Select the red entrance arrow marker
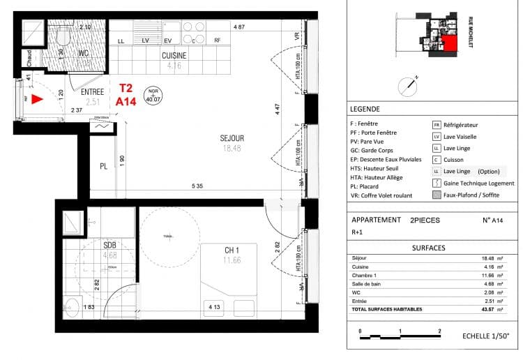click(37, 99)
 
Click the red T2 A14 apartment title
click(126, 95)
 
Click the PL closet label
click(103, 167)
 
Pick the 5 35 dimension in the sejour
click(199, 186)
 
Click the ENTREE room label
click(93, 92)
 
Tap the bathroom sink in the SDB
click(72, 306)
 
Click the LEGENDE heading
click(366, 110)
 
